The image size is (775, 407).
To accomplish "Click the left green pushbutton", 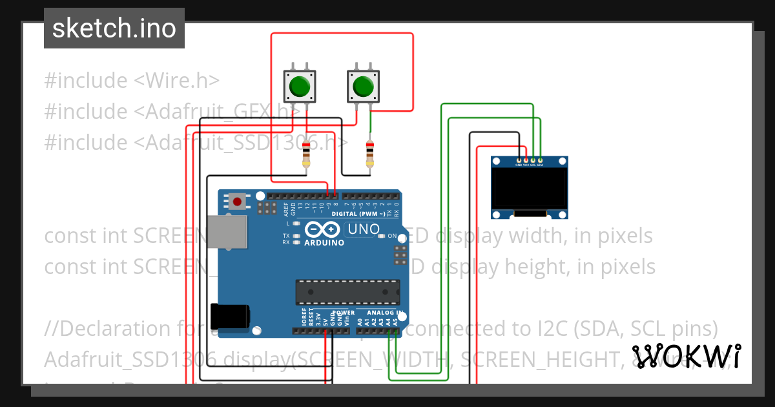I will coord(300,86).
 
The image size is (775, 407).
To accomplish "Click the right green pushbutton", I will coord(363,86).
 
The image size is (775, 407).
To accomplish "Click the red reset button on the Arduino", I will coord(238,202).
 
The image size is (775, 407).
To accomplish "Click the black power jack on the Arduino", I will coord(231,315).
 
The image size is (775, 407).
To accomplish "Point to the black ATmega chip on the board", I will coord(347,292).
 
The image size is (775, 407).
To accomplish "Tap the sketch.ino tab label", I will coord(114,28).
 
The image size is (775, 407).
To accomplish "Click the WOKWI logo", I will coord(687,356).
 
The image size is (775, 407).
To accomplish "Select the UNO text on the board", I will coord(364,229).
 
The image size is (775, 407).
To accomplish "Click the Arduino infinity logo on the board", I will coord(324,229).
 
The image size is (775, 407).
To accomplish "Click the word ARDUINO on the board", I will coord(324,243).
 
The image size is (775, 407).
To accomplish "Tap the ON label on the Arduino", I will coord(392,236).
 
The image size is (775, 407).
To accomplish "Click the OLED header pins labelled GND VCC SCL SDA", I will coord(529,160).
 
